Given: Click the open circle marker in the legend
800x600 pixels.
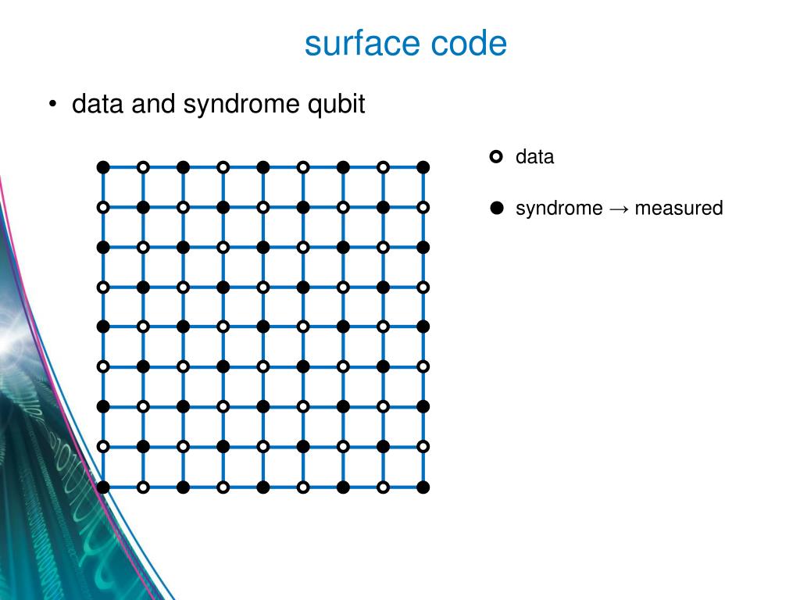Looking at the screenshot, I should pyautogui.click(x=496, y=157).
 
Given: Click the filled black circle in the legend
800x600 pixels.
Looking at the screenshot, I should pyautogui.click(x=496, y=209).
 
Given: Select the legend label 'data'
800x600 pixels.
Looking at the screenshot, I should pyautogui.click(x=534, y=157).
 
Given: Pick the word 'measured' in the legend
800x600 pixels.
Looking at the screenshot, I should pyautogui.click(x=679, y=209).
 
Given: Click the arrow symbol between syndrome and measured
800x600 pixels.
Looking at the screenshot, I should pyautogui.click(x=619, y=209).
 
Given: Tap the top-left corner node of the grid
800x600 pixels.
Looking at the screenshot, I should pyautogui.click(x=103, y=167).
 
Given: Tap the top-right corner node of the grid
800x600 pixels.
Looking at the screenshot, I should pyautogui.click(x=423, y=167).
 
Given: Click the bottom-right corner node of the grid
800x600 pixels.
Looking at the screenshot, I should pyautogui.click(x=423, y=487).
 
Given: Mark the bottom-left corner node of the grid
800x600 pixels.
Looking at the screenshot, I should pyautogui.click(x=103, y=487).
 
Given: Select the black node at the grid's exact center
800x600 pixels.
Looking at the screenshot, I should pyautogui.click(x=263, y=327).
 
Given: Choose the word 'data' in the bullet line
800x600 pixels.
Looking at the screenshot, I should pyautogui.click(x=98, y=105).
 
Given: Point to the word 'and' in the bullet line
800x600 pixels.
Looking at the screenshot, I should pyautogui.click(x=152, y=105).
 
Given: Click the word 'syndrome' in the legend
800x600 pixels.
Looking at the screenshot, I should pyautogui.click(x=559, y=209).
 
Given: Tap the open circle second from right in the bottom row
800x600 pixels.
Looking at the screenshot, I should pyautogui.click(x=384, y=487).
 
